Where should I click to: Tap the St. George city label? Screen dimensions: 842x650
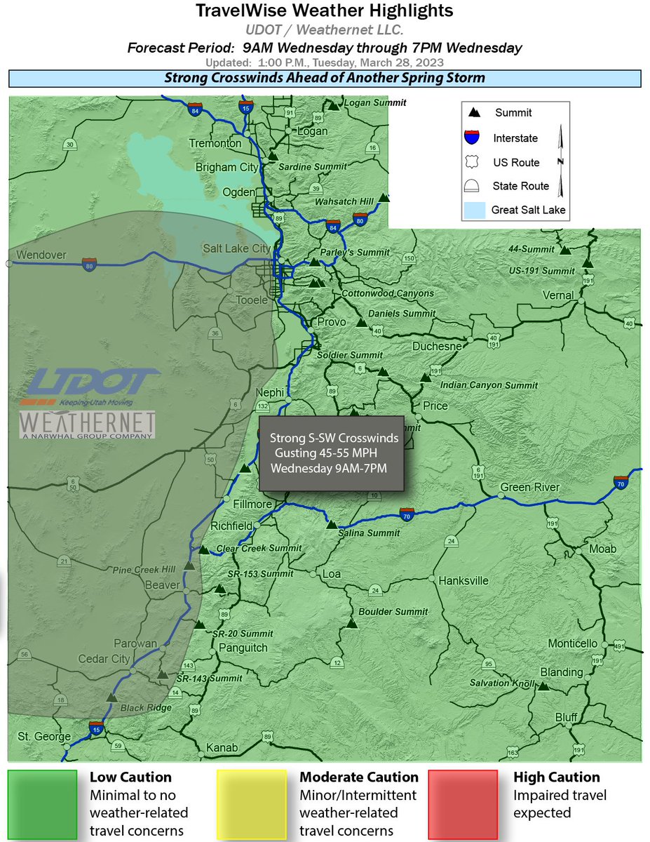[43, 737]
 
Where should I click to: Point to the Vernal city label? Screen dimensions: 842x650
[558, 295]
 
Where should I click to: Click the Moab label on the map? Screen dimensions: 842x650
[603, 548]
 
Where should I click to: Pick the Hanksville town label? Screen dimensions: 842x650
[463, 581]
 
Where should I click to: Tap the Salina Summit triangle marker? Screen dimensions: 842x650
[332, 523]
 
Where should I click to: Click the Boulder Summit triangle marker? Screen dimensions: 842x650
[352, 623]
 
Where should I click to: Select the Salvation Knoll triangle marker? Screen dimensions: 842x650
[543, 685]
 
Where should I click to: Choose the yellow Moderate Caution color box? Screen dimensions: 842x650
[251, 803]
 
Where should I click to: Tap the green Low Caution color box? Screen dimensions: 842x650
[41, 803]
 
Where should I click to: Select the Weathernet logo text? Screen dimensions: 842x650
[87, 424]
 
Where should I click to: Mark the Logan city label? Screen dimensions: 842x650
[313, 131]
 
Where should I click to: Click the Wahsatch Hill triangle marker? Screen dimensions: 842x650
[383, 199]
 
